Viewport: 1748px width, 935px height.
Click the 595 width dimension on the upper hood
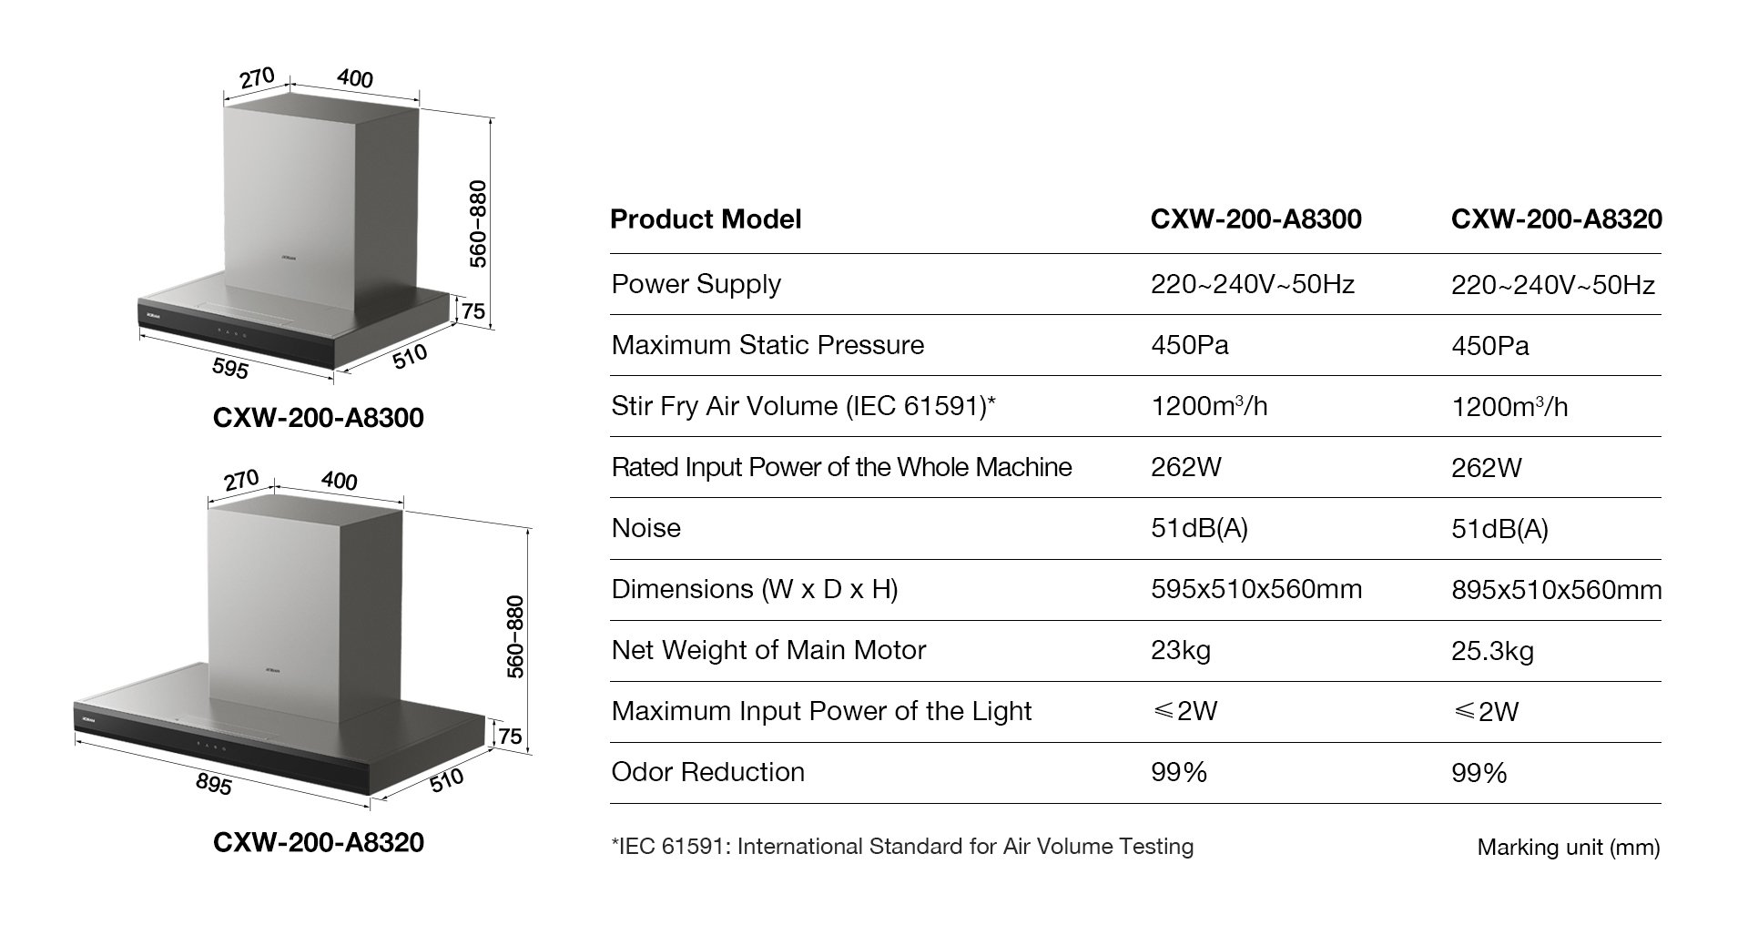(x=229, y=367)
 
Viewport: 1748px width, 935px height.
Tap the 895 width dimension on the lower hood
(x=214, y=782)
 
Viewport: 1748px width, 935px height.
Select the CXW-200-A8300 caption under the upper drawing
(x=318, y=418)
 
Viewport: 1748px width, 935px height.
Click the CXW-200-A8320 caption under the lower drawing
(x=318, y=842)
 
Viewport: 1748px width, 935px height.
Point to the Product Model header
(x=706, y=219)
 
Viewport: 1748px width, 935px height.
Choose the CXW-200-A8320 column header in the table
(x=1556, y=219)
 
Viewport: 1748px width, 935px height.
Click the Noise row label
(x=645, y=528)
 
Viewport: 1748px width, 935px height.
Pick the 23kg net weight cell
(x=1180, y=650)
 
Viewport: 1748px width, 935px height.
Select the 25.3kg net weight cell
(x=1492, y=651)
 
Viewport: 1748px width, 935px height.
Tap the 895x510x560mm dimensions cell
(x=1556, y=590)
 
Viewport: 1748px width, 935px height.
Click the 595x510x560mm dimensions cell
(x=1255, y=589)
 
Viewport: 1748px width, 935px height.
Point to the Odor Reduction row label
(x=707, y=772)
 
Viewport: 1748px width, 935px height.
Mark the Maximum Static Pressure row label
(x=767, y=345)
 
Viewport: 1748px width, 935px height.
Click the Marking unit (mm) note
(x=1568, y=848)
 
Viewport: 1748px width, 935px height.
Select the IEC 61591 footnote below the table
(x=901, y=847)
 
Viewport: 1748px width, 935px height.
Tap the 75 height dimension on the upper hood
(x=473, y=311)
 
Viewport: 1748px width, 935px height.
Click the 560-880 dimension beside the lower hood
(x=515, y=636)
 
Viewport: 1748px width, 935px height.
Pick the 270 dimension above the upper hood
(x=258, y=78)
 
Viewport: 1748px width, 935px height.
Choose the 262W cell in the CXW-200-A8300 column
(x=1185, y=467)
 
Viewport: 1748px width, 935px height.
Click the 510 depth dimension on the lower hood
(x=446, y=779)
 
